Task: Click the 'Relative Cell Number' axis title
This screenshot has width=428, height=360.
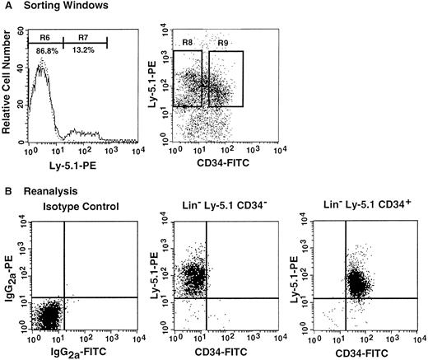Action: [x=7, y=90]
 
